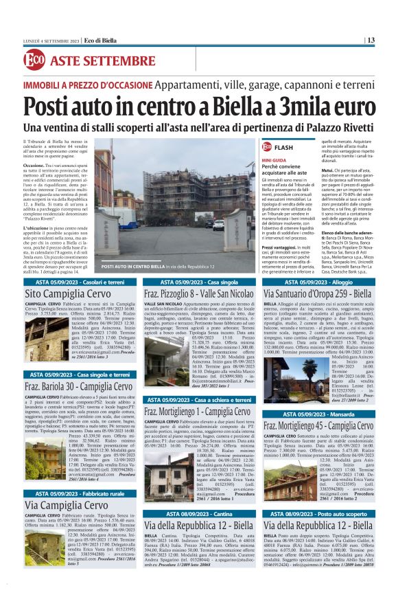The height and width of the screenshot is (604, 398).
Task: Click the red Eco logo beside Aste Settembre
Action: (x=34, y=60)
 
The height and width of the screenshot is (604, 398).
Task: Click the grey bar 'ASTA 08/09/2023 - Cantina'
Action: (x=199, y=513)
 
